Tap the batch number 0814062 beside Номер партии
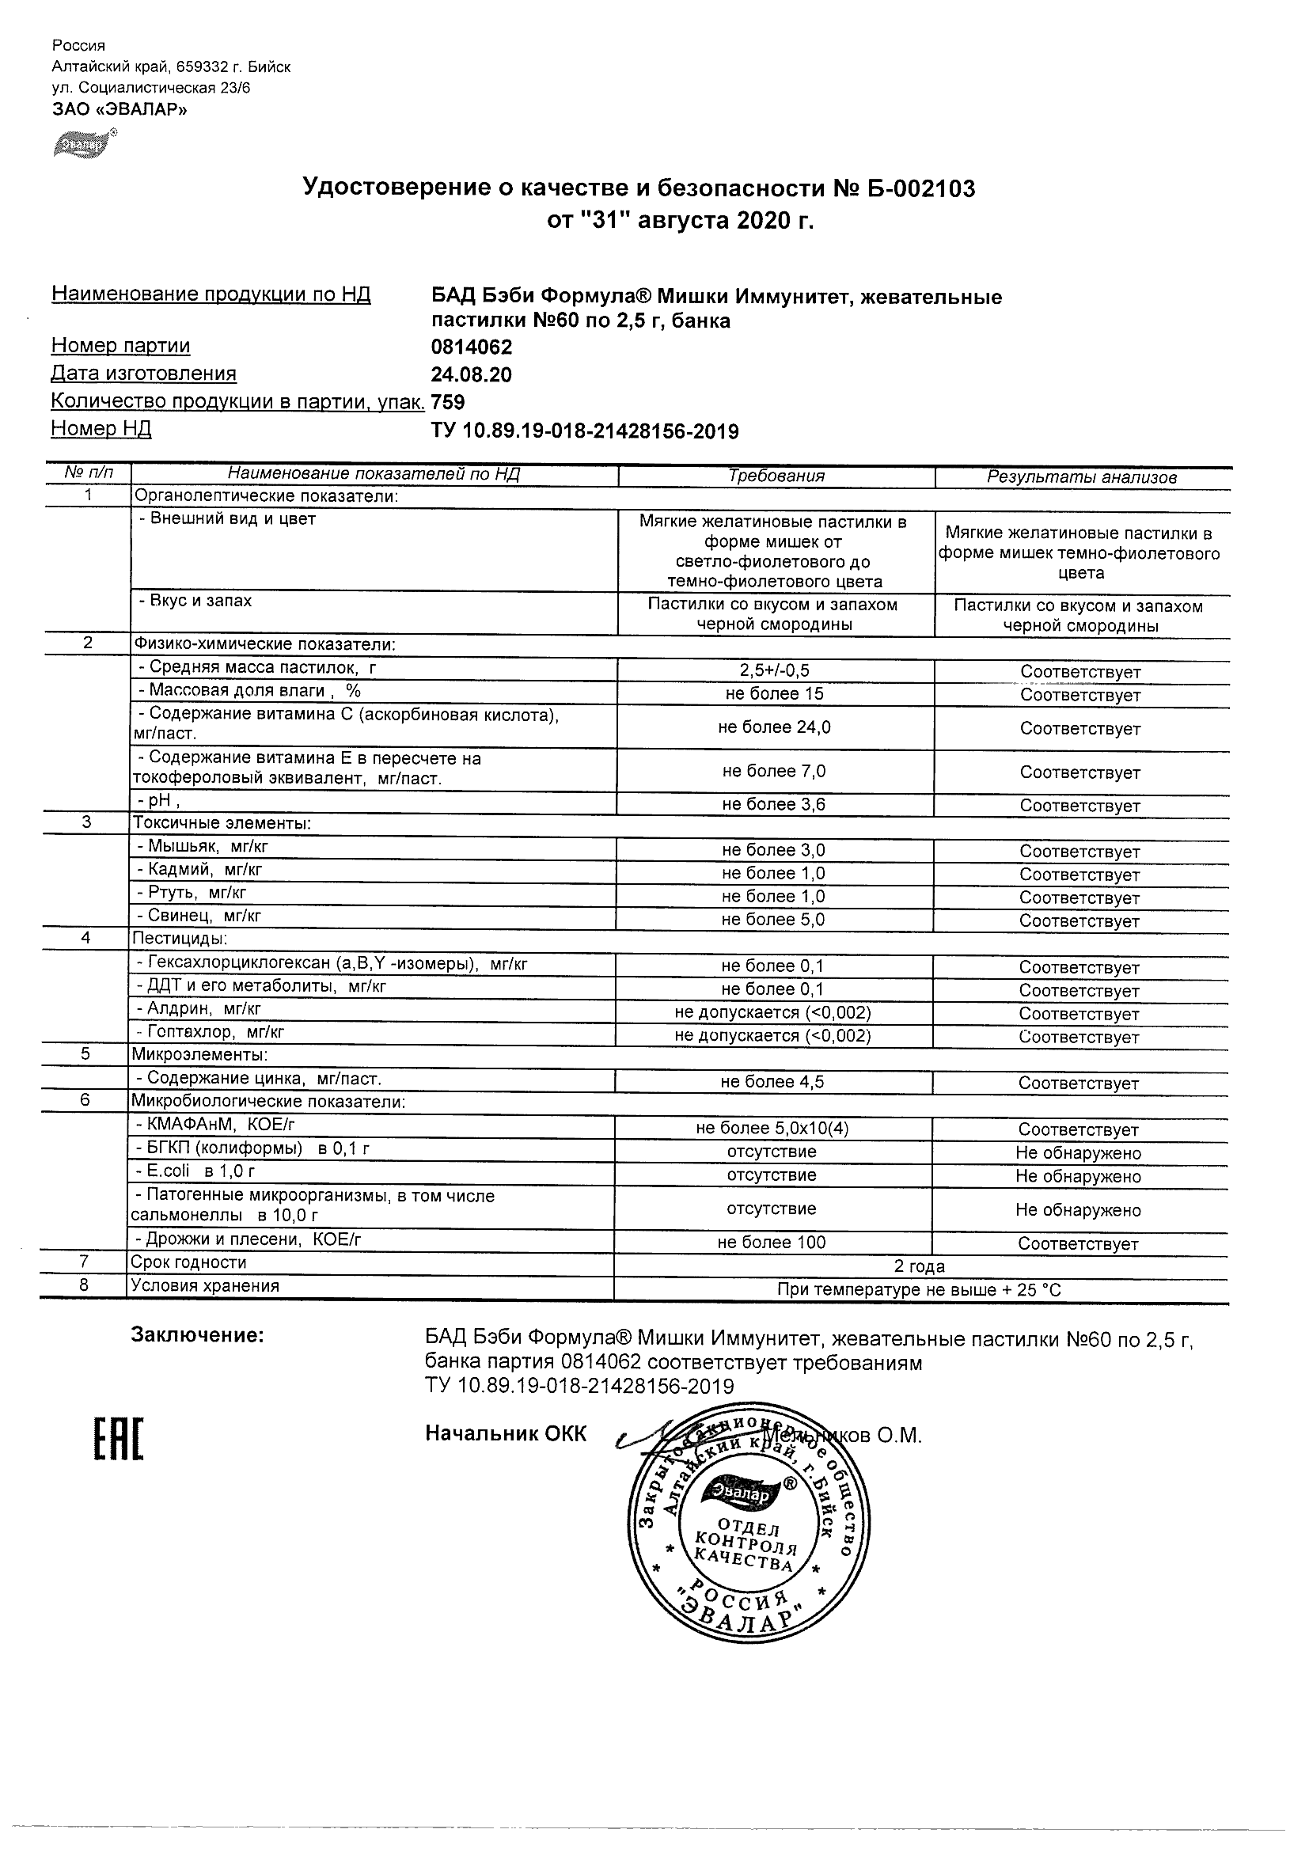click(x=472, y=347)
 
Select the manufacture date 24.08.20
click(x=472, y=375)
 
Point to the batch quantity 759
click(x=449, y=402)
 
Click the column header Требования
click(x=776, y=476)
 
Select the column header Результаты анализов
click(x=1082, y=477)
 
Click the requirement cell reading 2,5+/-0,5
click(x=774, y=670)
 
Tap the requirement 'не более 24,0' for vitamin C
click(x=773, y=727)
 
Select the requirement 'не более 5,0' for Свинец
click(x=773, y=920)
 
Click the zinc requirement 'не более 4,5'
click(x=772, y=1083)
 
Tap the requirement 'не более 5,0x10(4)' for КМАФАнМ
click(x=772, y=1129)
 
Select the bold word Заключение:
click(x=198, y=1336)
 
